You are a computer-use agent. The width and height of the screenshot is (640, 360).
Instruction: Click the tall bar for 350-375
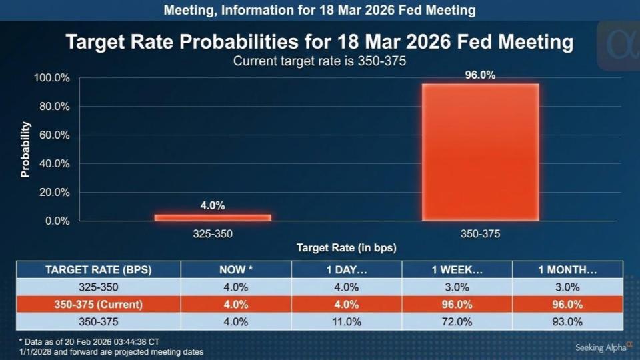(480, 152)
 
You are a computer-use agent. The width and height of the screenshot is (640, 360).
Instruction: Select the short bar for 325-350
(213, 217)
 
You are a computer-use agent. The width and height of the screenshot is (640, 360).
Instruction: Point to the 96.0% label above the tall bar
(480, 75)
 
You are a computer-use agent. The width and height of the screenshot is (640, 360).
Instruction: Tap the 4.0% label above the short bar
(213, 206)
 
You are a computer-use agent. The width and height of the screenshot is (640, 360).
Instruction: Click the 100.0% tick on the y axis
(52, 78)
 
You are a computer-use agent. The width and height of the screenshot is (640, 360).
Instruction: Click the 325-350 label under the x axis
(213, 234)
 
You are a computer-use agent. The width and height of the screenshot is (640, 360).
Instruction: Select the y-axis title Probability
(25, 149)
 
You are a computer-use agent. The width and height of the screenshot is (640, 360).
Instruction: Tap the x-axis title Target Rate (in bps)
(346, 248)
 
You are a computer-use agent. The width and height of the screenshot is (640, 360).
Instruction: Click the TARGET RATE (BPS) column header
(99, 270)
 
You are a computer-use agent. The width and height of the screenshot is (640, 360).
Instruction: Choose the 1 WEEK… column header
(457, 270)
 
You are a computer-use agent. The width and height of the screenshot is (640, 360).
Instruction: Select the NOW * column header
(236, 270)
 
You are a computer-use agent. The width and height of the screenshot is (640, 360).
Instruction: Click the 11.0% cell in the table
(346, 321)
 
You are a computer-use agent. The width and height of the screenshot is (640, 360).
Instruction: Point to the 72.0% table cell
(457, 321)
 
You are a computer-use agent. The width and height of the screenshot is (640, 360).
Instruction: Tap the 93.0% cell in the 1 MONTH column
(567, 321)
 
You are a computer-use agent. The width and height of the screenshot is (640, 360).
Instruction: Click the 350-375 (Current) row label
(99, 305)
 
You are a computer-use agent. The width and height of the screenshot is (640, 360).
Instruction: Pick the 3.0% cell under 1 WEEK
(457, 287)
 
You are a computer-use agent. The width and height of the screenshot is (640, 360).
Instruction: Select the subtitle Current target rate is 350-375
(319, 61)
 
